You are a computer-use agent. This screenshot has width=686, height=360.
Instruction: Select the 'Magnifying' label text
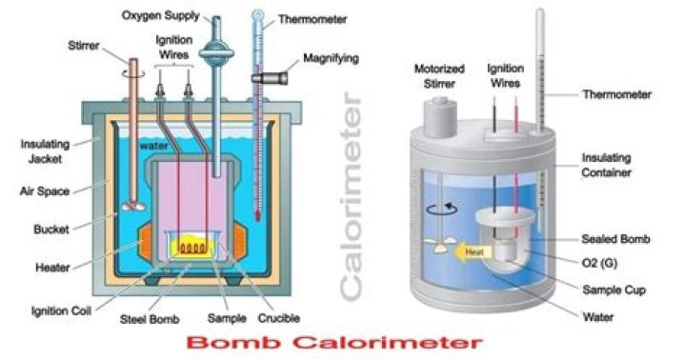pos(331,58)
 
